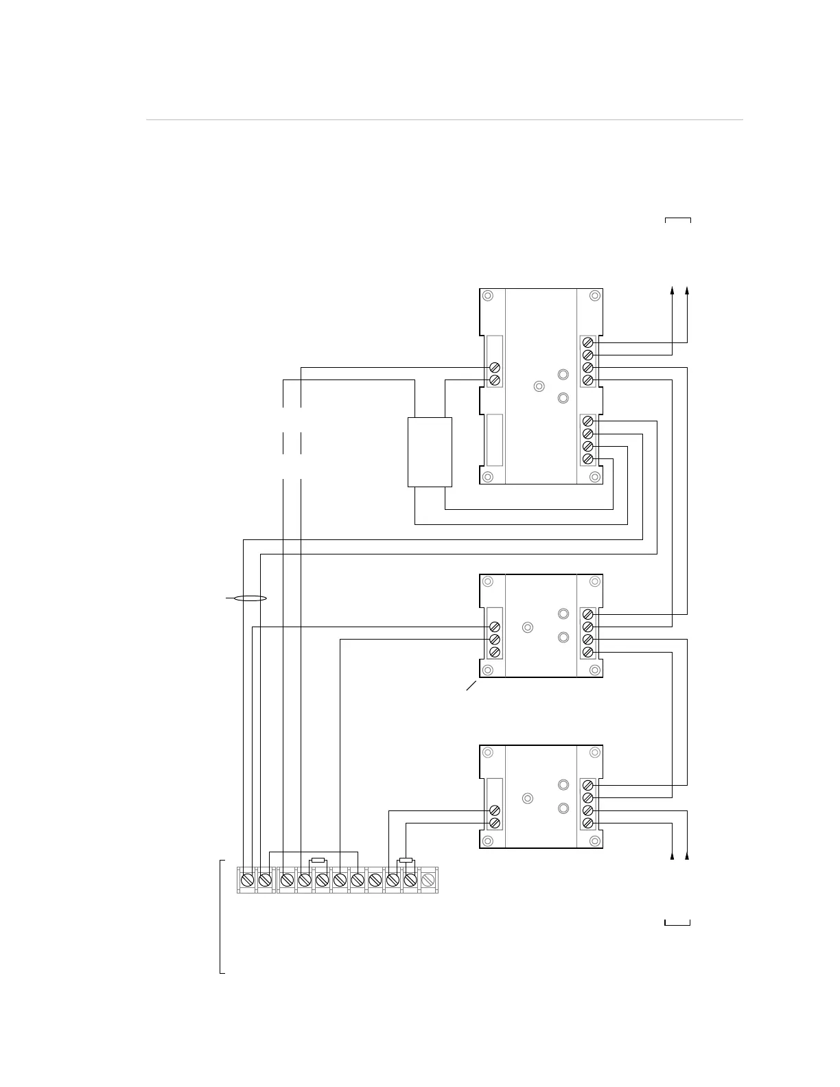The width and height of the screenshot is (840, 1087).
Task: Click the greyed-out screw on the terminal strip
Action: point(428,879)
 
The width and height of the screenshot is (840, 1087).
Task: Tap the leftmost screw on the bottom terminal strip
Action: point(247,879)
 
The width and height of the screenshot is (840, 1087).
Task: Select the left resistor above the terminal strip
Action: point(318,860)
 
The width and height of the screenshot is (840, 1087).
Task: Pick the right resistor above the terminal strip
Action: point(406,860)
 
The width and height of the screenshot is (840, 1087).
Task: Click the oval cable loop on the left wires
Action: point(250,598)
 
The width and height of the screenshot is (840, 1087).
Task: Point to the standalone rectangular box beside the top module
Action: point(430,452)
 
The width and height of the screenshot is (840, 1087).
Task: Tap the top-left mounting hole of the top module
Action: point(487,296)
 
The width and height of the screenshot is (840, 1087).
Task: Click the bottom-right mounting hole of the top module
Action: point(595,477)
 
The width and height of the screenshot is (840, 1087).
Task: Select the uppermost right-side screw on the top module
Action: point(587,342)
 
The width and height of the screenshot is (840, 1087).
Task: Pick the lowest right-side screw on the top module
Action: point(587,458)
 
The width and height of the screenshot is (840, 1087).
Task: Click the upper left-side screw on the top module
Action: point(494,368)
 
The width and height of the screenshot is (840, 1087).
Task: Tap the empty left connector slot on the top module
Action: point(494,440)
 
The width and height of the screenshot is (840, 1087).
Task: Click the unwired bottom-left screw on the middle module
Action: point(494,652)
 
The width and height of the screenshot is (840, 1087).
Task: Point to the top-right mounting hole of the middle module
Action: point(595,581)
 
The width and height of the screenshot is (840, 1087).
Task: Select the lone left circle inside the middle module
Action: point(528,627)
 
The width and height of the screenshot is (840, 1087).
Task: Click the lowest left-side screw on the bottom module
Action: point(494,823)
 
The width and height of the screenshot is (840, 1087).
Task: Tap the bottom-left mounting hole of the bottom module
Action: point(487,841)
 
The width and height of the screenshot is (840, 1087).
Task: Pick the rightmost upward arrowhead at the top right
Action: point(687,291)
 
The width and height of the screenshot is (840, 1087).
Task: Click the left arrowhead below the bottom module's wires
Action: point(672,856)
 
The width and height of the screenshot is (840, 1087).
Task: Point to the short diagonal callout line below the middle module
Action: point(471,686)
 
